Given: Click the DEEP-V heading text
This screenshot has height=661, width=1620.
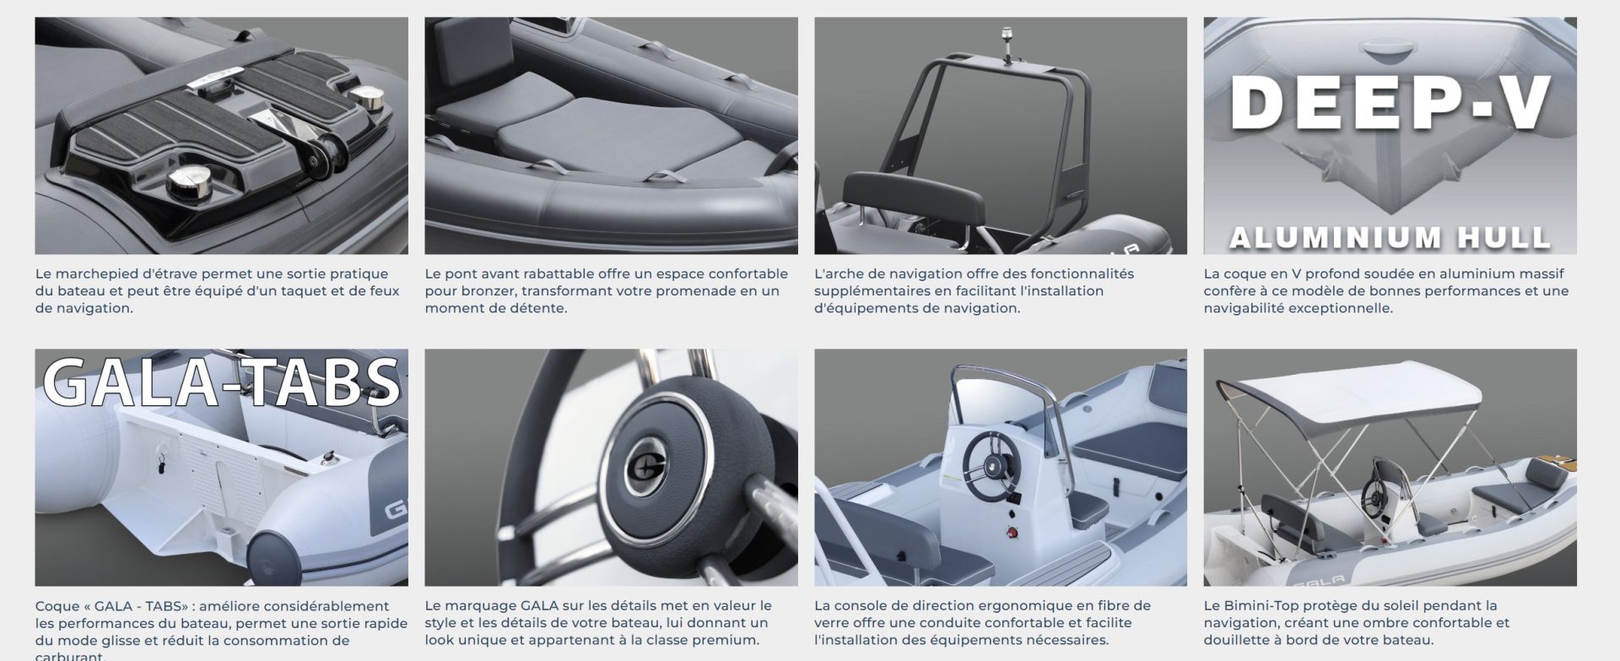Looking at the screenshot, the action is click(1390, 104).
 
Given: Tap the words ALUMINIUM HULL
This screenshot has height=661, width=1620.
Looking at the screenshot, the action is click(1390, 237).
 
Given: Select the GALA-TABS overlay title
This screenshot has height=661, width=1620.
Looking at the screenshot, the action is click(221, 381).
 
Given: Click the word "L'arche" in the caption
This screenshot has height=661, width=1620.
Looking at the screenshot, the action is click(838, 274).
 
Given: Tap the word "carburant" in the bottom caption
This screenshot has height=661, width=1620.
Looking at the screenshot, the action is click(70, 656).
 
